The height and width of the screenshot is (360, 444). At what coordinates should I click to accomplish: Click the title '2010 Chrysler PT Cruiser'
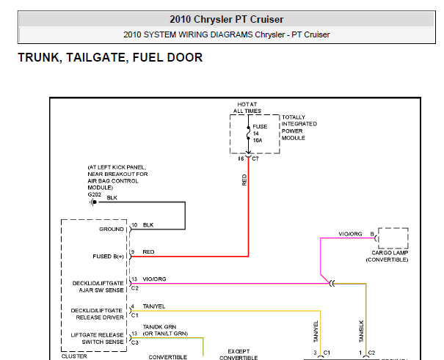pos(227,19)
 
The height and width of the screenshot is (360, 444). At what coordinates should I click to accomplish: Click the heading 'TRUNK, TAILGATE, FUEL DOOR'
pos(110,57)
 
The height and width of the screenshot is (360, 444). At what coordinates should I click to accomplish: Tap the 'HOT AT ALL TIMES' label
pos(247,108)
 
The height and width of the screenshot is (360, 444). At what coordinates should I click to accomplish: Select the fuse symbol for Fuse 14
pos(248,133)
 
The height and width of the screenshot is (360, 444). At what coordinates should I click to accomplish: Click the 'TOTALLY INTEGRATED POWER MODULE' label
pos(299,128)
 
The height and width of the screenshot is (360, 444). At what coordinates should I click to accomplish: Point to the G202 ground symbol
pos(93,202)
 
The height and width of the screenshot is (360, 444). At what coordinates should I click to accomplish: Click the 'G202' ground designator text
pos(94,194)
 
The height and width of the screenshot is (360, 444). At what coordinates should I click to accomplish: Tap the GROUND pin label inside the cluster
pos(112,229)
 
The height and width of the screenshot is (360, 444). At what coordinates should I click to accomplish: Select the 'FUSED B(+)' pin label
pos(108,257)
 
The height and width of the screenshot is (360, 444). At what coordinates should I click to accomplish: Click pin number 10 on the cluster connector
pos(134,225)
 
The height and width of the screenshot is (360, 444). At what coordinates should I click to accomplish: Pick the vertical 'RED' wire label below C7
pos(244,180)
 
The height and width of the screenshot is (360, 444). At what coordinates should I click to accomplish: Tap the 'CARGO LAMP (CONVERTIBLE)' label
pos(387,256)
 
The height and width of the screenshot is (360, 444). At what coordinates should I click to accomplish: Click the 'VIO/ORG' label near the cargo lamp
pos(350,234)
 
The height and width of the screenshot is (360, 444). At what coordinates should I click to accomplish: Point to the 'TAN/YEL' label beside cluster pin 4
pos(154,306)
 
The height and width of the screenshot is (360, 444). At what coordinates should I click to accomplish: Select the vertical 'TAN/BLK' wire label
pos(361,331)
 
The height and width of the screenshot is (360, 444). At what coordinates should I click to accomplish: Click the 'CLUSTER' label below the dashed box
pos(74,356)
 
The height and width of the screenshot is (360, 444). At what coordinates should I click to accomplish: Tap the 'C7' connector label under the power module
pos(255,158)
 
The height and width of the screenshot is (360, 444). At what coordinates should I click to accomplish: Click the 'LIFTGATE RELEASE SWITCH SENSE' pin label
pos(97,339)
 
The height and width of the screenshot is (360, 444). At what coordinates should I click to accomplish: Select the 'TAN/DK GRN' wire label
pos(159,326)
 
